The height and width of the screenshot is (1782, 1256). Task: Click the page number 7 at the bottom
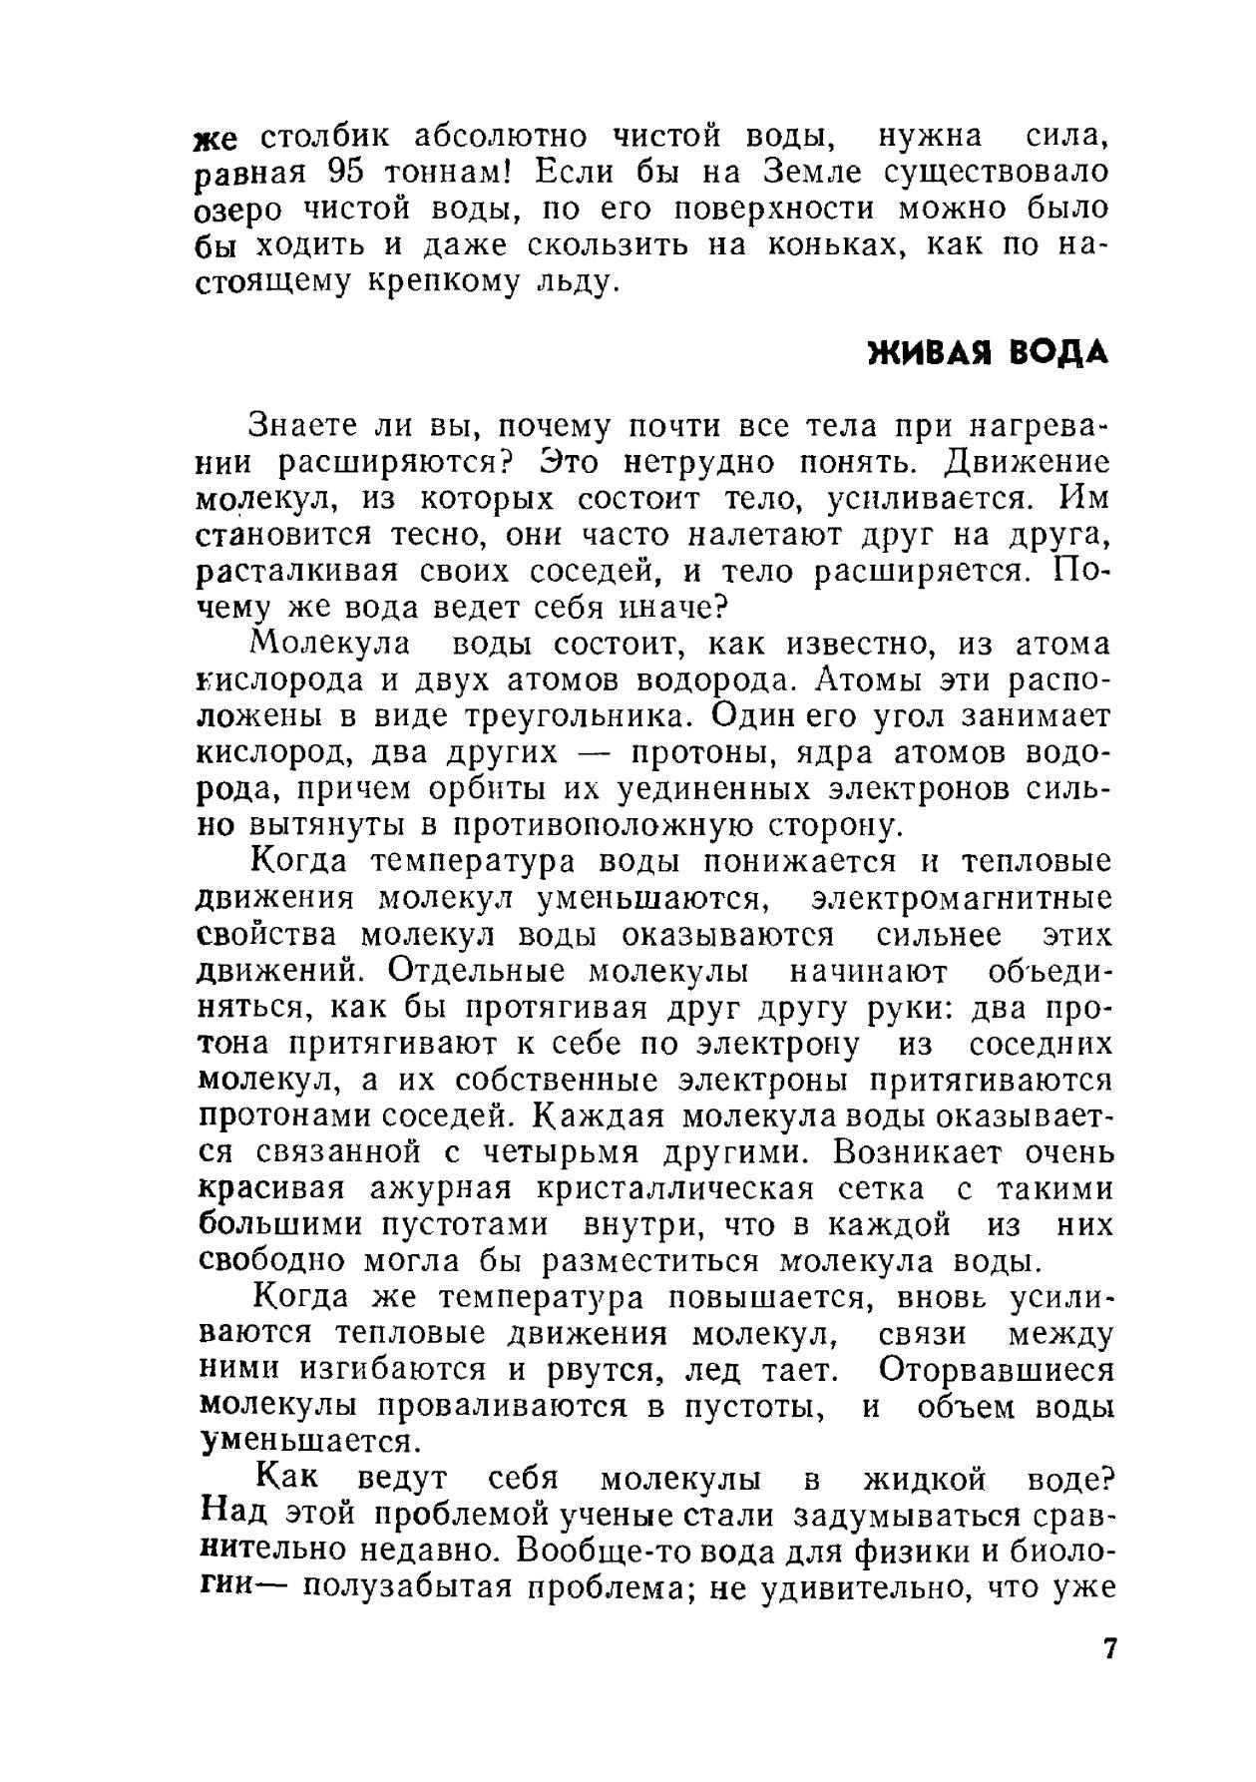click(x=1109, y=1647)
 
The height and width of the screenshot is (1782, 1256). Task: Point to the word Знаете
click(x=295, y=426)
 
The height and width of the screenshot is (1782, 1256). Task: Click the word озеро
click(x=237, y=210)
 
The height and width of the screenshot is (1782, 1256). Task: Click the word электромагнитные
click(x=962, y=899)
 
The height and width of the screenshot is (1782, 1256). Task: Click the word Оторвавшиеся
click(x=997, y=1370)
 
